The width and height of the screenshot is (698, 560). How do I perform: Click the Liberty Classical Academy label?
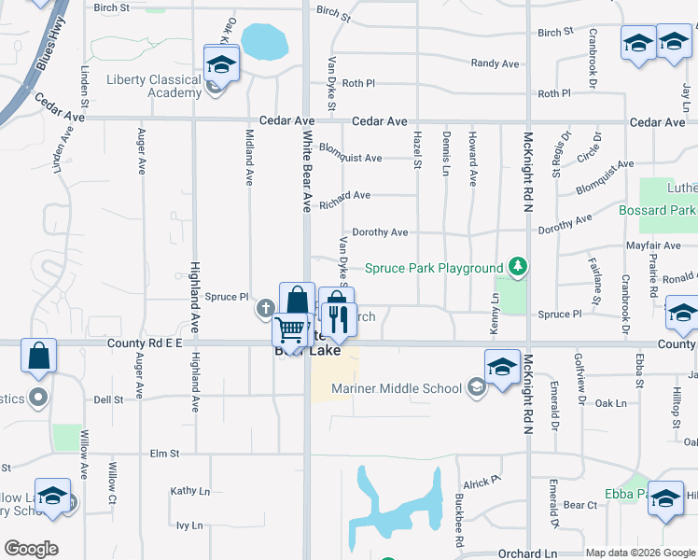point(154,86)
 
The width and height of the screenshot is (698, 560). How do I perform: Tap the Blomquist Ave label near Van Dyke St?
point(350,158)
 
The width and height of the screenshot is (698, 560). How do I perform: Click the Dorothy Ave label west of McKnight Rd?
point(379,232)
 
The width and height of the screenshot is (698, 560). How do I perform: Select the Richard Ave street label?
point(344,196)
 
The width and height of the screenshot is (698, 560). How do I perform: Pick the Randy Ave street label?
point(495,63)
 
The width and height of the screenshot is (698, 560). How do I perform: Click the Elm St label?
point(164,454)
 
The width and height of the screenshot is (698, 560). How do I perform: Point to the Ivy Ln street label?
point(189,525)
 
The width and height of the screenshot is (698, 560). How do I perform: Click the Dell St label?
point(108,399)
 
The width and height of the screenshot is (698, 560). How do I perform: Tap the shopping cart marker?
point(290,329)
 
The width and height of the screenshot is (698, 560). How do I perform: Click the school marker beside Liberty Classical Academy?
point(222,63)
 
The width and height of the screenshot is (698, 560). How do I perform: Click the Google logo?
point(32,548)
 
